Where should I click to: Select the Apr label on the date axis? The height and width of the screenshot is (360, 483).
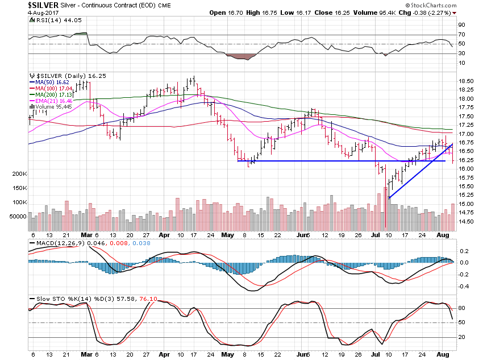(x=164, y=234)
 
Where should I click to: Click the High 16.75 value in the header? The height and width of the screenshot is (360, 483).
(x=262, y=13)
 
